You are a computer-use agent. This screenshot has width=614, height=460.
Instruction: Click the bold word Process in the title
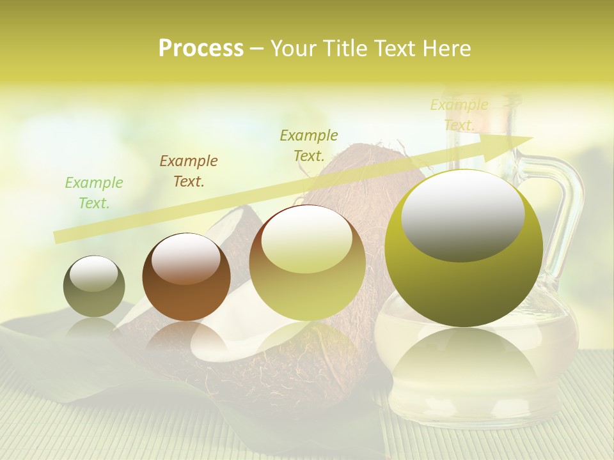coord(201,49)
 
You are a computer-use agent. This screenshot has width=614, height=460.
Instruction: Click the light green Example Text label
coord(94,192)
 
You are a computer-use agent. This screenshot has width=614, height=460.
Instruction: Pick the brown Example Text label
coord(189,171)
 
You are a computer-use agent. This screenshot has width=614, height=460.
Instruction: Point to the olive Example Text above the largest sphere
coord(309,145)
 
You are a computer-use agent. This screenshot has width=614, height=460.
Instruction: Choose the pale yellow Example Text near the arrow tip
coord(459,114)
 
